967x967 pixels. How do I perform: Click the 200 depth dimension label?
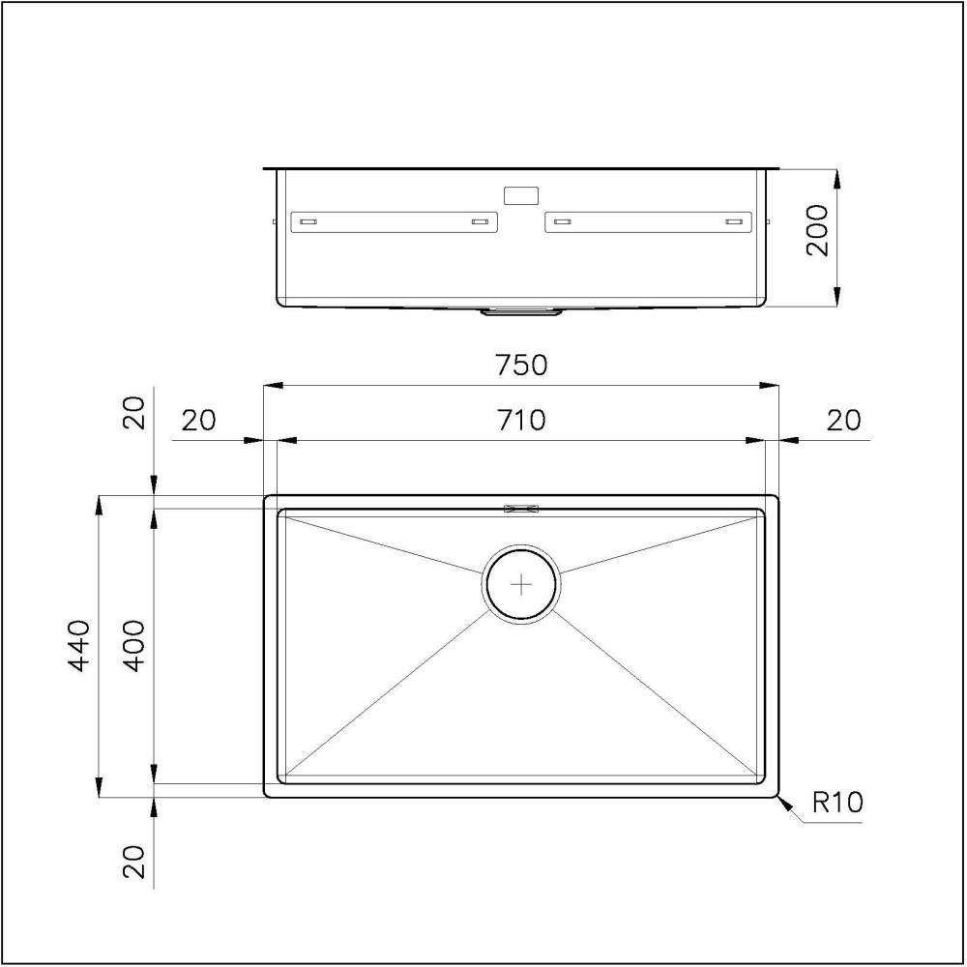pyautogui.click(x=818, y=230)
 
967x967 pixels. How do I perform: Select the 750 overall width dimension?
pyautogui.click(x=521, y=366)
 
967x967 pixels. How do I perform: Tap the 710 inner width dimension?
pyautogui.click(x=521, y=421)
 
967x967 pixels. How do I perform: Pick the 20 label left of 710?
pyautogui.click(x=198, y=421)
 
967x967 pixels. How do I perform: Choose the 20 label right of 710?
pyautogui.click(x=842, y=421)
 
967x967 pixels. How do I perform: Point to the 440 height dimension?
pyautogui.click(x=78, y=645)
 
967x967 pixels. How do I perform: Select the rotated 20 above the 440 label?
pyautogui.click(x=135, y=413)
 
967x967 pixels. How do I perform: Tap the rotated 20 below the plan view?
pyautogui.click(x=135, y=861)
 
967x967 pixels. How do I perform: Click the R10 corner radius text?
pyautogui.click(x=836, y=803)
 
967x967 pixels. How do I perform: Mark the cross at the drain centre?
pyautogui.click(x=521, y=584)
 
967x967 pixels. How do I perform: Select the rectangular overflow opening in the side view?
pyautogui.click(x=521, y=195)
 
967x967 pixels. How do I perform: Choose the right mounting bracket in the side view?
pyautogui.click(x=649, y=221)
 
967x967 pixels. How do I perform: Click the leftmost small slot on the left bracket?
pyautogui.click(x=308, y=222)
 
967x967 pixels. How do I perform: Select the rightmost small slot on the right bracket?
pyautogui.click(x=734, y=222)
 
